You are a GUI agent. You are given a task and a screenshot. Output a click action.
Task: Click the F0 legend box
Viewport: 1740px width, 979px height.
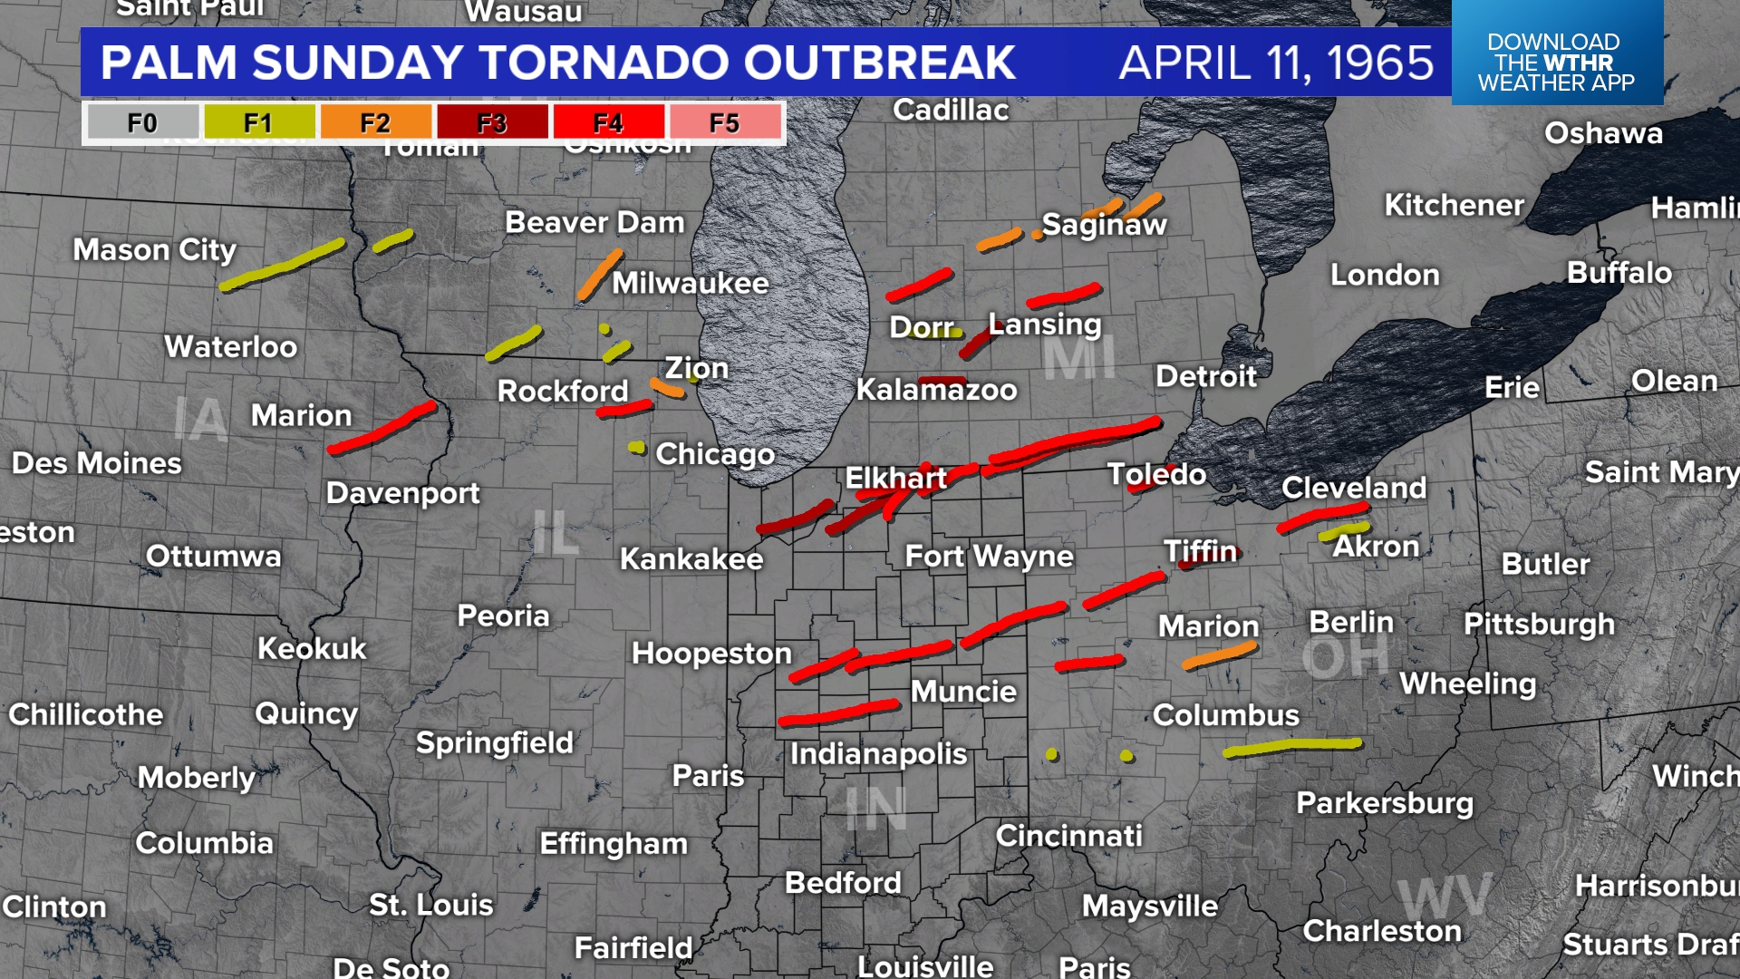pos(141,122)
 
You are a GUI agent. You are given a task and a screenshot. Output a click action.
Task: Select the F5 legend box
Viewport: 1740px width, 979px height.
pos(724,122)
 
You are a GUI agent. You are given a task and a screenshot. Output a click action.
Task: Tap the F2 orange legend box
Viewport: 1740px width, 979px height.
pos(374,122)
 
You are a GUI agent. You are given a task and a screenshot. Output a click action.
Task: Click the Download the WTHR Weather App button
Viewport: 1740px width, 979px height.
pos(1556,62)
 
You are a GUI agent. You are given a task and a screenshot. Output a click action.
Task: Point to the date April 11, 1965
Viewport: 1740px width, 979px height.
pos(1276,63)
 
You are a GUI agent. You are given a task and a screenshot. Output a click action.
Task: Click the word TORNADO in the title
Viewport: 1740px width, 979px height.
pos(606,63)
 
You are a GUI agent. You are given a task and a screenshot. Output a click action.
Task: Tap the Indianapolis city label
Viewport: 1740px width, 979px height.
pos(877,753)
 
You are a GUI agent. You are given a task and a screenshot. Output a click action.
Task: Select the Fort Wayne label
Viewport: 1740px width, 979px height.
pos(989,556)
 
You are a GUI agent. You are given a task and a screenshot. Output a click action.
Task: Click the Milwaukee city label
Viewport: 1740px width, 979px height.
pos(690,283)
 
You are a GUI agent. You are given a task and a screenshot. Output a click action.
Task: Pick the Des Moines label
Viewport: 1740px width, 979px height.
pos(96,463)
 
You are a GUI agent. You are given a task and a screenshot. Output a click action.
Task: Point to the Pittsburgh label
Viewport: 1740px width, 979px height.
pos(1539,624)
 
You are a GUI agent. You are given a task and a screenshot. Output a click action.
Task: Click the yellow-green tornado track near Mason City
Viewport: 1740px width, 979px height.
pos(283,265)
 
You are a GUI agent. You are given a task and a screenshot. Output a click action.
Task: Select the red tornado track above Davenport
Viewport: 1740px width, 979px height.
pos(382,428)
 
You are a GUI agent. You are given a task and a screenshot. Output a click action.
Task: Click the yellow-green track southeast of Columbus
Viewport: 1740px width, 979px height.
pos(1291,747)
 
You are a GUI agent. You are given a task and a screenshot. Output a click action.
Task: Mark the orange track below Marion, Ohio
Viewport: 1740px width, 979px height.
pos(1220,656)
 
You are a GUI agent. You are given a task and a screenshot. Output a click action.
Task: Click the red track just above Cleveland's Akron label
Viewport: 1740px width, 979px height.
pos(1321,519)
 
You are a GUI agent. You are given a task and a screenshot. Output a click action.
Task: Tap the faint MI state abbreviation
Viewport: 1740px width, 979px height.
pos(1078,359)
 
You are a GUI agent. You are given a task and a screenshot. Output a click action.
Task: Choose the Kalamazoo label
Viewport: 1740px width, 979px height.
pos(936,390)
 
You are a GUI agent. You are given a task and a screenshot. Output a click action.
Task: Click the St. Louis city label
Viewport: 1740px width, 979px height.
pos(430,905)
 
